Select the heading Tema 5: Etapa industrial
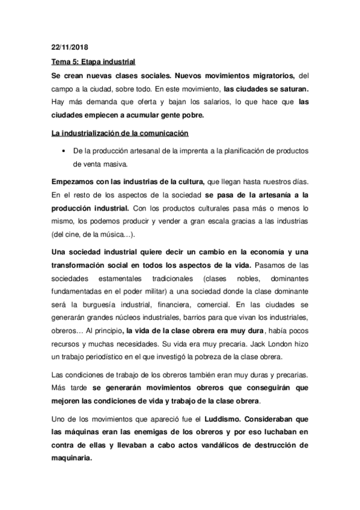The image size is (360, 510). [93, 62]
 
